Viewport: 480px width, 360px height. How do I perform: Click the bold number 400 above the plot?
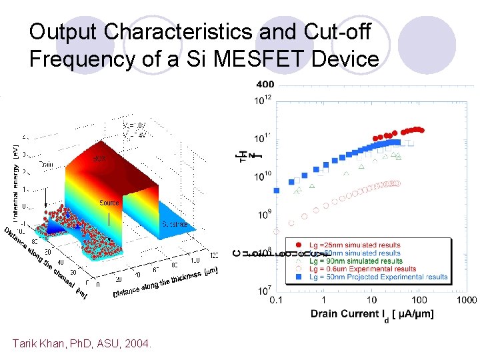pos(265,84)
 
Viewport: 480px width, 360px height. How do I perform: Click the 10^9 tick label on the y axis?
pos(264,214)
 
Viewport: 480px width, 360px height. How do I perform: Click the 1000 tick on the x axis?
pos(466,301)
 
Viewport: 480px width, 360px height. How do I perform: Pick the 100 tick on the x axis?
pos(419,301)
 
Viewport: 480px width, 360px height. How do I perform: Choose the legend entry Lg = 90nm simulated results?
pos(363,261)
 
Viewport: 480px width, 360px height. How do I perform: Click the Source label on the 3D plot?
pos(109,203)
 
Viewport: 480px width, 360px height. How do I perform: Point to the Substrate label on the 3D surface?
pos(173,225)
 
